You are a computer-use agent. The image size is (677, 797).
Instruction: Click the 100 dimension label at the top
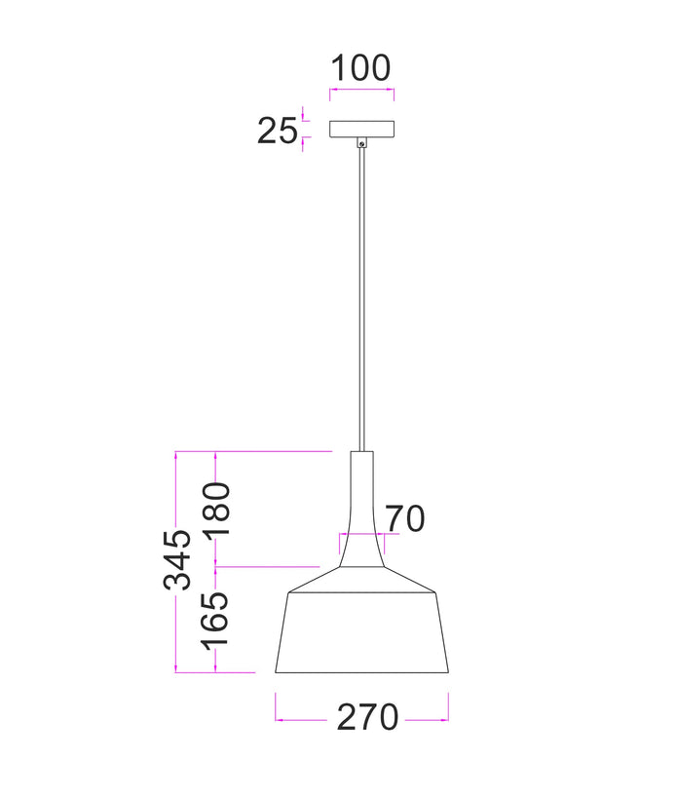(360, 68)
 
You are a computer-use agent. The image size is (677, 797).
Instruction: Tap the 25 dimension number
(277, 131)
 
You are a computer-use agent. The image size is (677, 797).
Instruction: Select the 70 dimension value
(404, 519)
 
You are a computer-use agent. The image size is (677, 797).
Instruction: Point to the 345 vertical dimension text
(177, 560)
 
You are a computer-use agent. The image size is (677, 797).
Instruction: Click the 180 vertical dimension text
(216, 510)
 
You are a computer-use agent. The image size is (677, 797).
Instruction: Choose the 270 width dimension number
(367, 717)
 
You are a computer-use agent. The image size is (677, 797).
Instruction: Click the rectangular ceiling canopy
(362, 130)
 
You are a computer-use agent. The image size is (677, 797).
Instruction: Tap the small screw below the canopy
(361, 144)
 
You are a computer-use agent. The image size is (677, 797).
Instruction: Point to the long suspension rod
(361, 299)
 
